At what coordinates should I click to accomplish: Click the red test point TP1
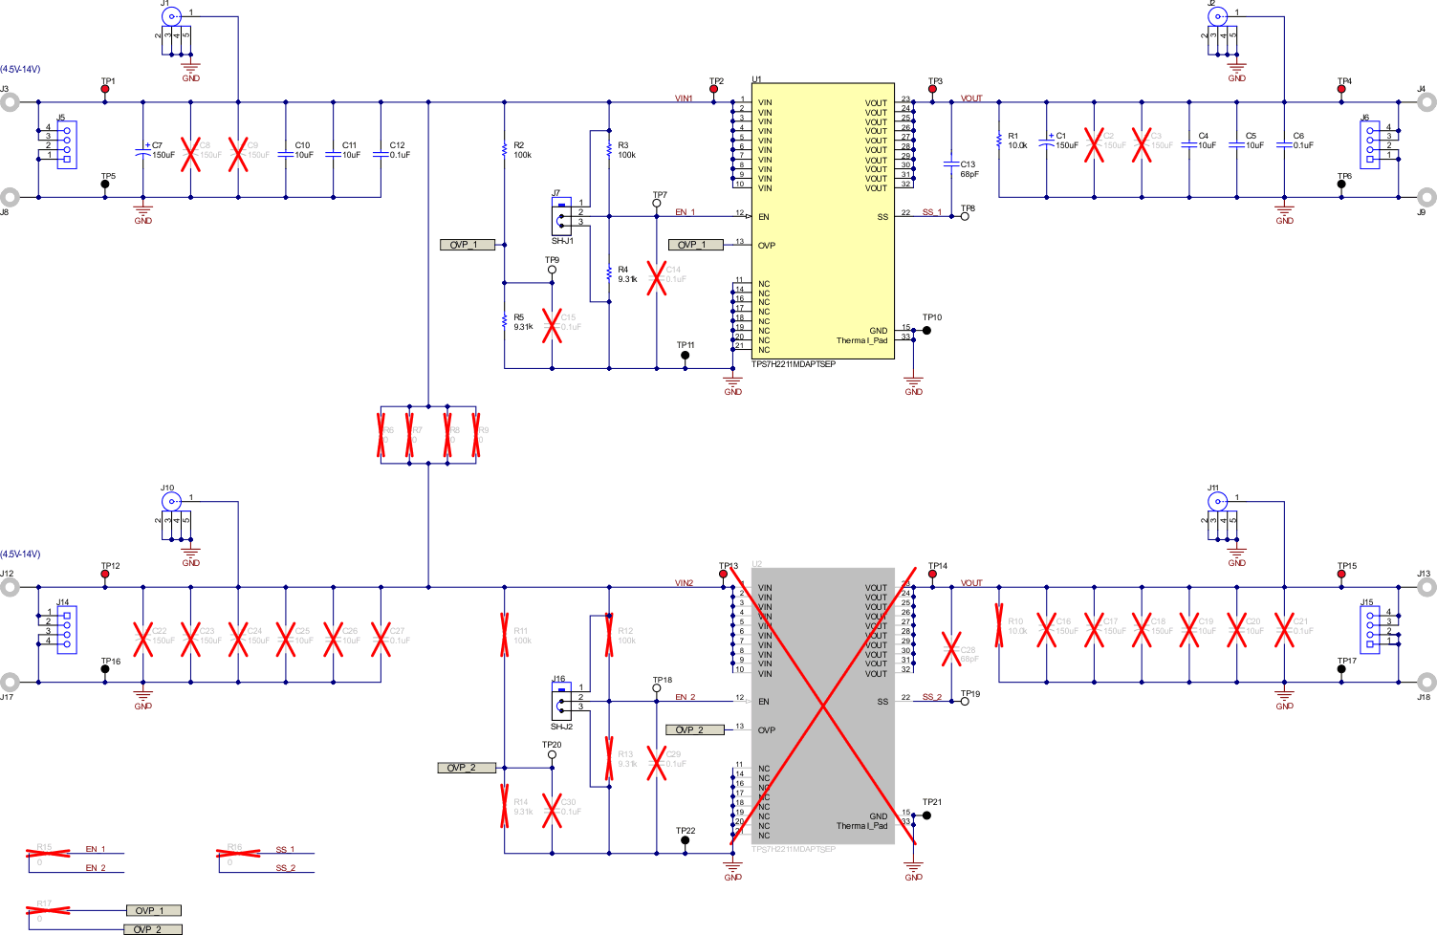(x=105, y=89)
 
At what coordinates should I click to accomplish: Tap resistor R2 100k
(x=504, y=149)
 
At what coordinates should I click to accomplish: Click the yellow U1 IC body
(x=822, y=220)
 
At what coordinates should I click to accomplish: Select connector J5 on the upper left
(x=66, y=144)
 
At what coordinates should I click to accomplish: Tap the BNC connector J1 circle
(x=171, y=16)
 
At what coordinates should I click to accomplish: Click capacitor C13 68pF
(x=951, y=164)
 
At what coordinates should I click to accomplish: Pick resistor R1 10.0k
(x=999, y=141)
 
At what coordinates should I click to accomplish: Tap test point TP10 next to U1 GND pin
(x=926, y=330)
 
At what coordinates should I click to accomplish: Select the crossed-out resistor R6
(x=381, y=431)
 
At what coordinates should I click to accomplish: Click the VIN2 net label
(x=684, y=583)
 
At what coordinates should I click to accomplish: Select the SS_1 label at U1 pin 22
(x=931, y=212)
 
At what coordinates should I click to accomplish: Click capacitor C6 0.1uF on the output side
(x=1284, y=145)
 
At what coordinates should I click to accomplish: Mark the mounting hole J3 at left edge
(x=9, y=102)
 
